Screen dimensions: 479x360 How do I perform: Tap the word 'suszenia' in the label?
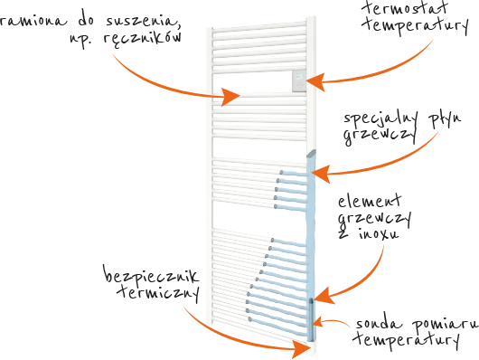[x=143, y=21]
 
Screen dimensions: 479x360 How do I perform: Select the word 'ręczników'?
[x=143, y=39]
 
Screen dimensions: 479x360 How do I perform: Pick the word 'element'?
[x=370, y=202]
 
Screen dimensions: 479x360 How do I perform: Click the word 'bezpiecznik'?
[x=152, y=275]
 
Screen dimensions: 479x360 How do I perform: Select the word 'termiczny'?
[x=159, y=292]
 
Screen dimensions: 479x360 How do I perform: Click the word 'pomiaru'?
[x=446, y=326]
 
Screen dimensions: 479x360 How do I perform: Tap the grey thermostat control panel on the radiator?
[x=299, y=81]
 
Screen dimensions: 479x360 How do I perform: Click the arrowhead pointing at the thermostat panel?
[x=315, y=82]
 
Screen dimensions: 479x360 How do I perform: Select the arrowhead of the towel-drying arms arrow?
[x=230, y=97]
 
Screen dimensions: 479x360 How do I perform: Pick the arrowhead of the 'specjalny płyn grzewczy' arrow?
[x=321, y=174]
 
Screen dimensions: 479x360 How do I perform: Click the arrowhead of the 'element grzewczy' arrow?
[x=324, y=296]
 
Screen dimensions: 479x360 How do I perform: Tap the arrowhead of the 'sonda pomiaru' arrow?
[x=317, y=323]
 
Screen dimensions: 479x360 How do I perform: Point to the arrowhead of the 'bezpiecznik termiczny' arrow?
[x=302, y=348]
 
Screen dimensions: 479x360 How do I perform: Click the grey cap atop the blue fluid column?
[x=311, y=154]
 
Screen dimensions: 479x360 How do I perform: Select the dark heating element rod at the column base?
[x=311, y=319]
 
